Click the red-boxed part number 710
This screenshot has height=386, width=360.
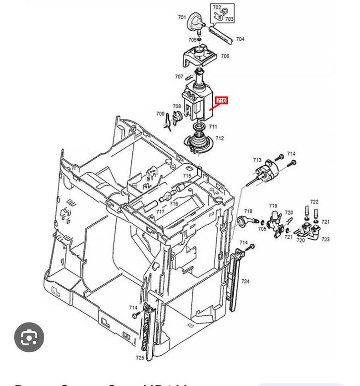click(x=221, y=101)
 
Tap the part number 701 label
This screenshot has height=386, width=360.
click(x=182, y=18)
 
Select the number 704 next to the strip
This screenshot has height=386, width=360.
click(x=240, y=39)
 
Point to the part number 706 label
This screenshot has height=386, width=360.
click(x=225, y=57)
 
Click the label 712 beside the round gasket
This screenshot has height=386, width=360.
click(x=219, y=138)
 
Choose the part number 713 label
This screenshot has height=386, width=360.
click(x=257, y=160)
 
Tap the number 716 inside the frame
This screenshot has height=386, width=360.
click(x=174, y=204)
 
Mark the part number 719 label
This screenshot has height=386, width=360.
click(x=273, y=206)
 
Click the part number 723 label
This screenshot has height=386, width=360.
click(x=325, y=240)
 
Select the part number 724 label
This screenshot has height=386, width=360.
click(x=245, y=282)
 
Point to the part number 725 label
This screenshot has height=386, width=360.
click(x=140, y=358)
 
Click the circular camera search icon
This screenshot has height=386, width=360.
click(x=29, y=337)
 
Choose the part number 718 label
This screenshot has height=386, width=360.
click(x=248, y=212)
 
